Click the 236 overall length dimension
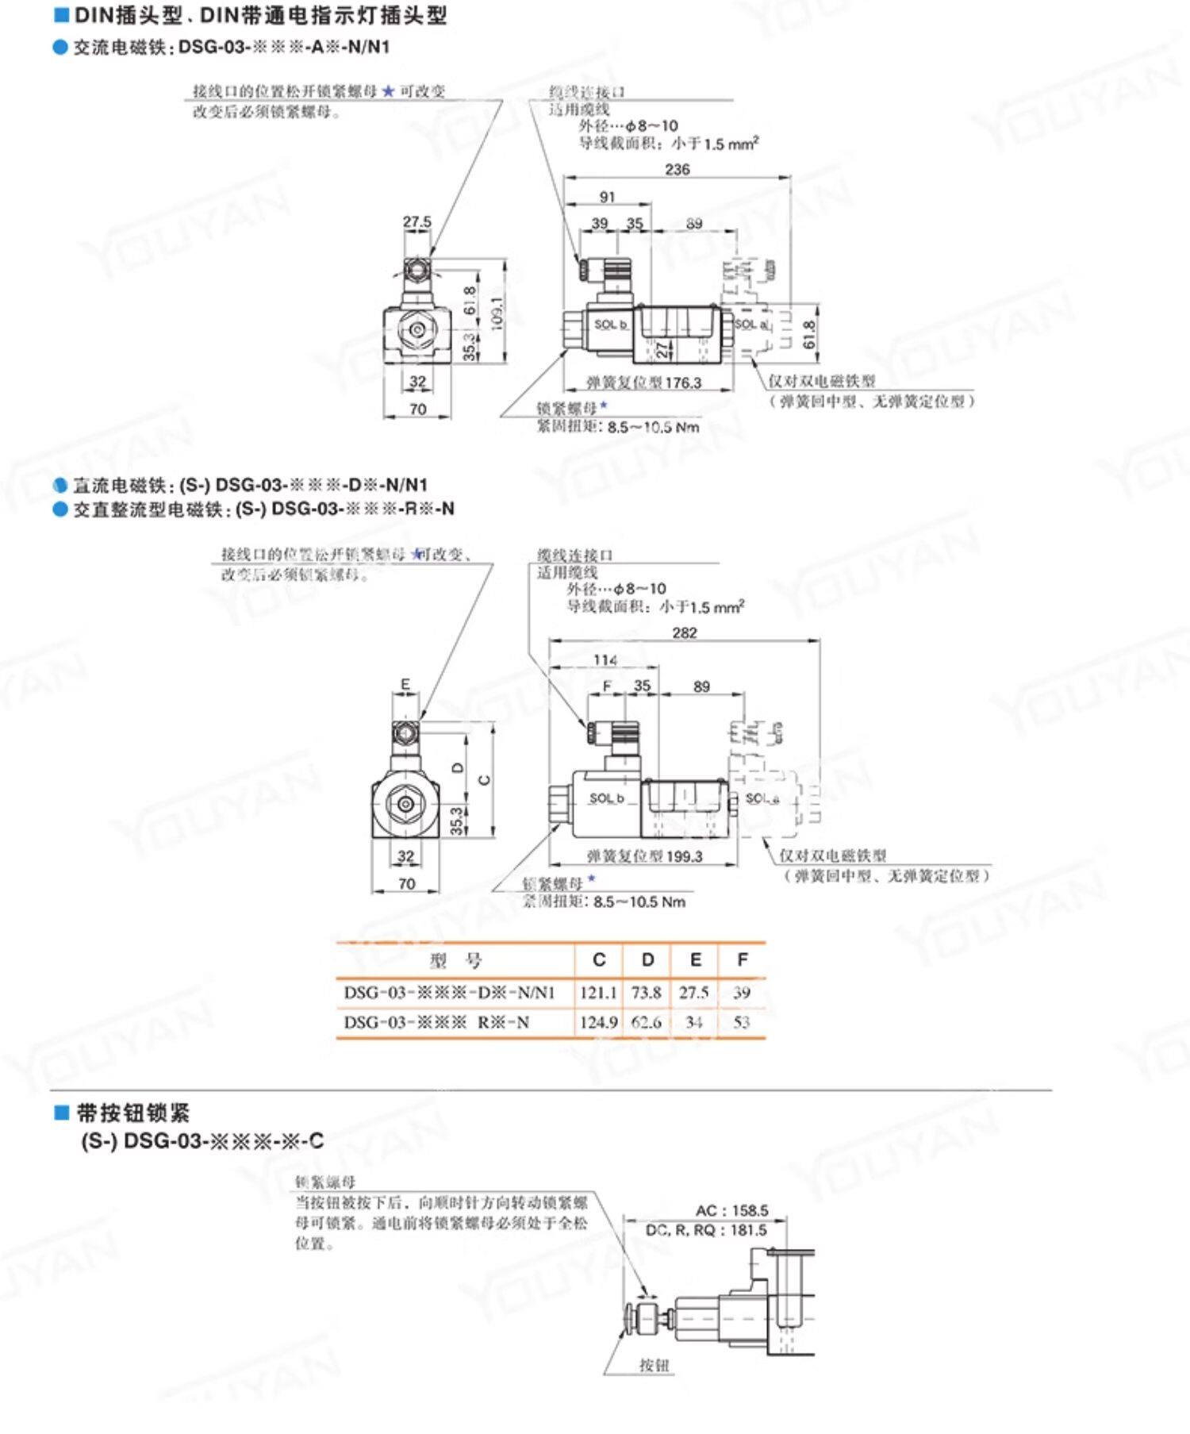click(677, 169)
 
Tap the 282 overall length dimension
click(684, 632)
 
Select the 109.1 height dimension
click(497, 312)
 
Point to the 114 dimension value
click(605, 659)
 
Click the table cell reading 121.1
click(598, 992)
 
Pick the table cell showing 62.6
click(647, 1022)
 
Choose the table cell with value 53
click(742, 1022)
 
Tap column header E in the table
click(695, 960)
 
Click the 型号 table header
click(455, 961)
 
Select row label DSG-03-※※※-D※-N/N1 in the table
click(449, 992)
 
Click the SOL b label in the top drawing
click(611, 325)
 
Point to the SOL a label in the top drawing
click(750, 324)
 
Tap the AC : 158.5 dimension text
click(731, 1210)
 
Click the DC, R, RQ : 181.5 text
click(705, 1230)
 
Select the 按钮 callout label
click(654, 1365)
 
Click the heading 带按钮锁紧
click(132, 1113)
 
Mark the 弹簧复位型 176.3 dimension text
click(644, 383)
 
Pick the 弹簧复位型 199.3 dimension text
click(644, 856)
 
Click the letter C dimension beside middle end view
click(485, 779)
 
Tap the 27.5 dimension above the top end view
click(416, 221)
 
